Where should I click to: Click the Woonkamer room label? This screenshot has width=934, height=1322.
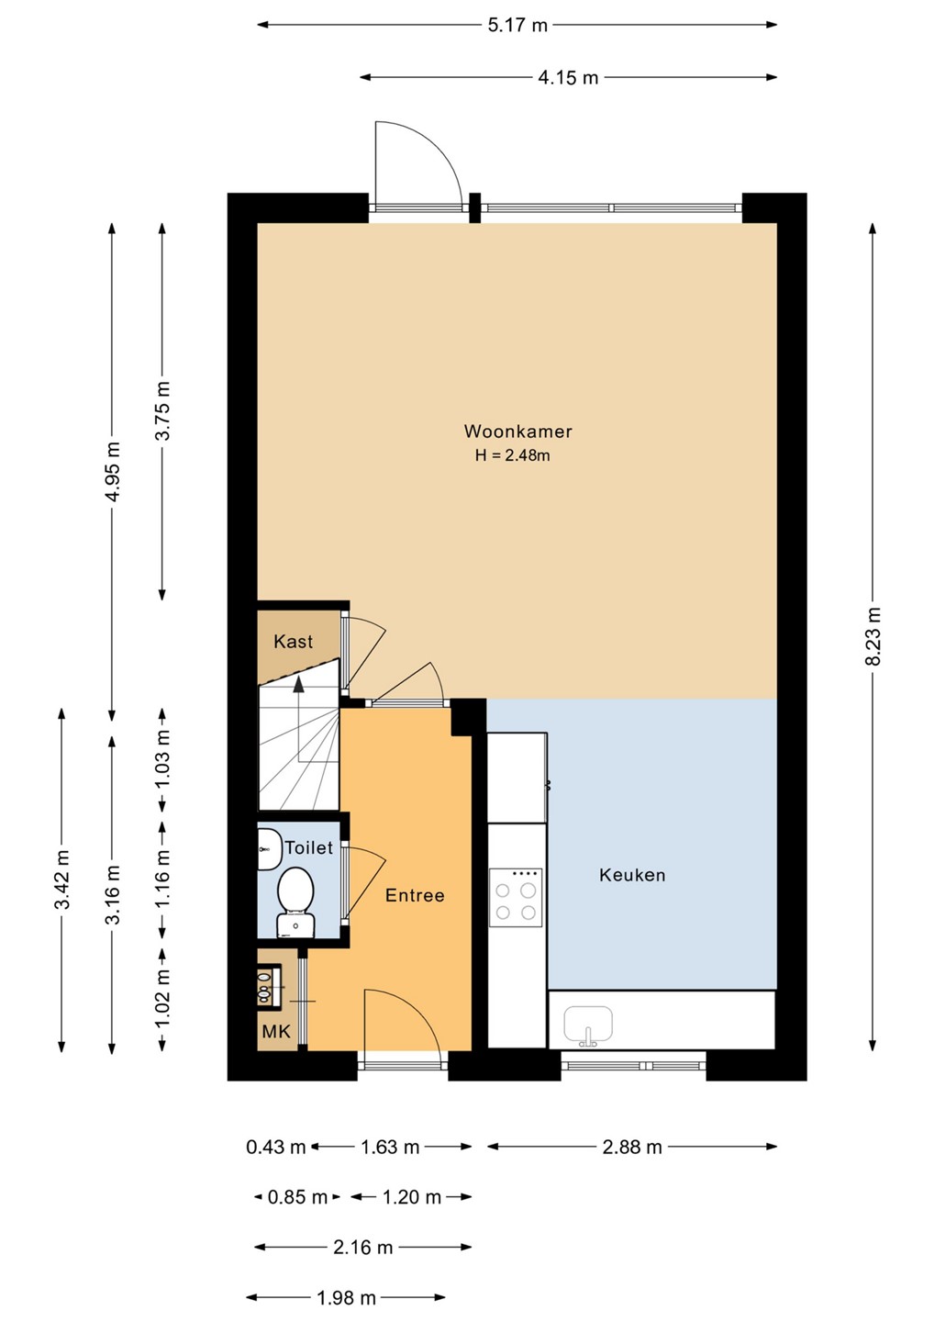coord(517,431)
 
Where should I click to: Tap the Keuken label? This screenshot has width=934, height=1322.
coord(632,875)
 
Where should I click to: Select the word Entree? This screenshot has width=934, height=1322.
coord(415,895)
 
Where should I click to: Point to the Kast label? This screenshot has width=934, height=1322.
coord(293,642)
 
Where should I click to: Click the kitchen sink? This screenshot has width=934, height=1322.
coord(588,1025)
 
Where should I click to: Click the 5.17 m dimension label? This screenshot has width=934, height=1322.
coord(517,26)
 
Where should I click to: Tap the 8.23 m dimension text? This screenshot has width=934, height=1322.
coord(873,636)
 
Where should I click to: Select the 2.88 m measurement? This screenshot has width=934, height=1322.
coord(632,1147)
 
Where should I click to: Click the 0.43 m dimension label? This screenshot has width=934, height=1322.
coord(276,1147)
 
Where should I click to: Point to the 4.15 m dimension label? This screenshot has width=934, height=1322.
coord(568,77)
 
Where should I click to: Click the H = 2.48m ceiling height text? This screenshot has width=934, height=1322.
coord(512,455)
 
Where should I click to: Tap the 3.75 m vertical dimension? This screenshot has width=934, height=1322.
coord(162,410)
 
